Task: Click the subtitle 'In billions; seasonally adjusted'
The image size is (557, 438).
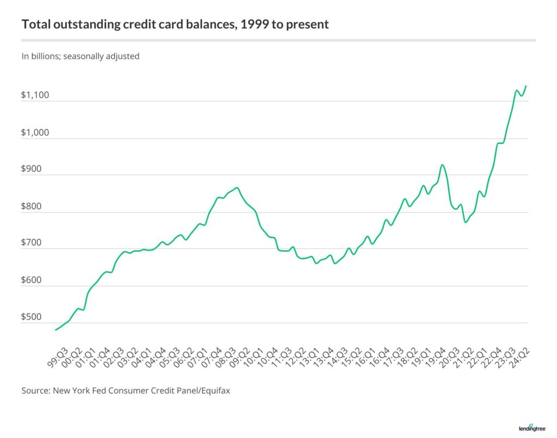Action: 81,56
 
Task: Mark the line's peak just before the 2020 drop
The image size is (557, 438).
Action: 442,165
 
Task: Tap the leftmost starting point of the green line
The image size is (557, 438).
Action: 55,329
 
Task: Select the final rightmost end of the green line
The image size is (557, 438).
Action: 526,85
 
